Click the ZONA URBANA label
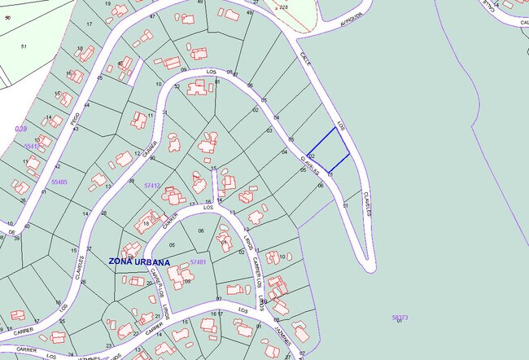click(x=139, y=262)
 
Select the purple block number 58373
click(x=399, y=317)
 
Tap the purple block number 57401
click(x=198, y=262)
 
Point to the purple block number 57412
click(x=152, y=186)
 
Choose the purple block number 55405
click(x=59, y=182)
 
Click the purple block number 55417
click(x=32, y=146)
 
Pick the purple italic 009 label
click(x=21, y=129)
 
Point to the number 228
click(x=283, y=7)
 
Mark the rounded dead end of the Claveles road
click(x=367, y=265)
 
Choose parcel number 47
click(x=153, y=16)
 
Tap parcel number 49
click(x=250, y=13)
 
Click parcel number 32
click(x=177, y=86)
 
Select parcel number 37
click(x=89, y=248)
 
